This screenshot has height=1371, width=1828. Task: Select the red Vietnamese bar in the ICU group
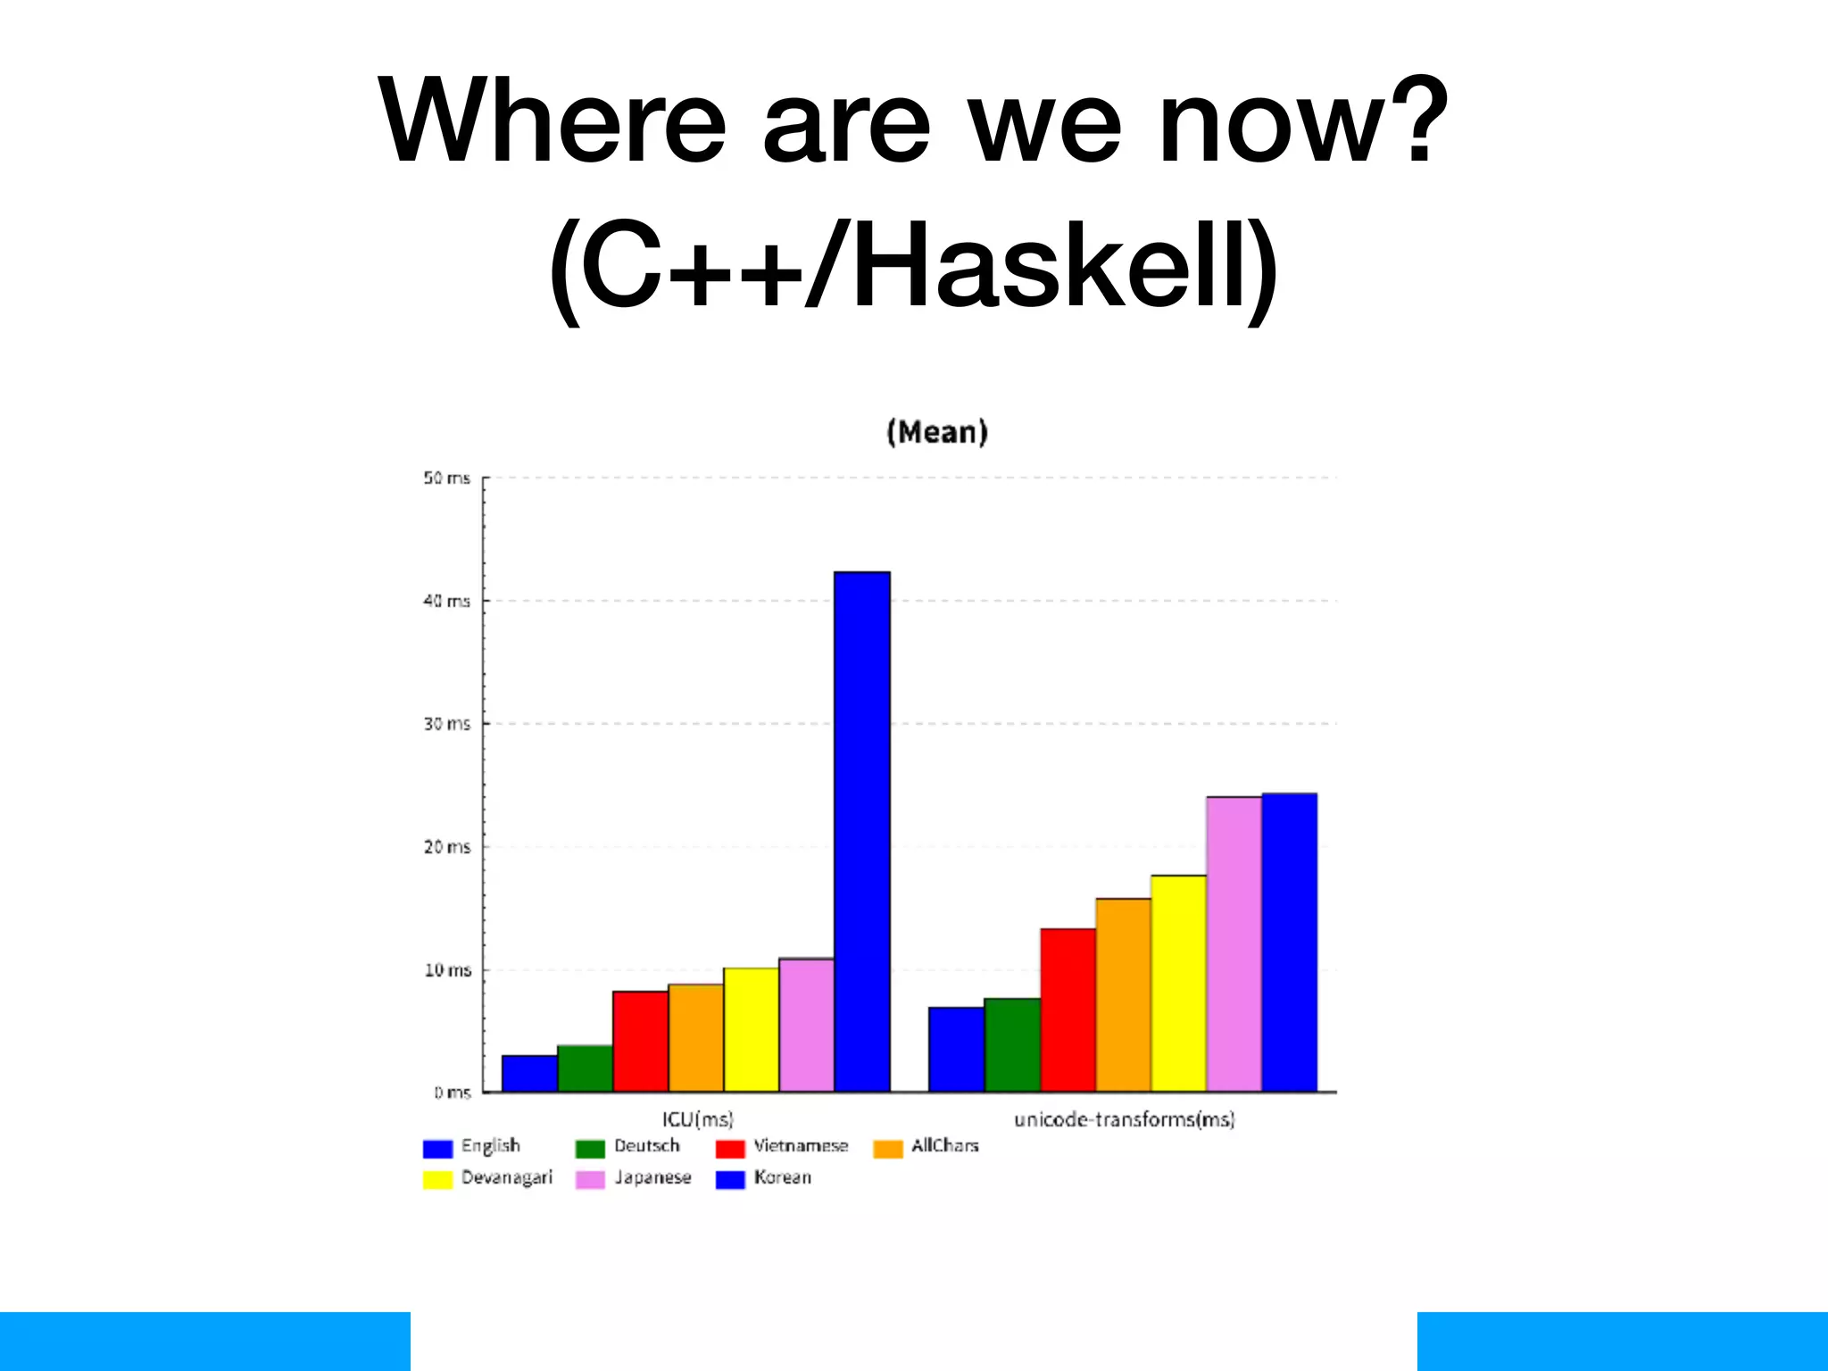pos(640,1041)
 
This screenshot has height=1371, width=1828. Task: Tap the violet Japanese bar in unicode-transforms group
pos(1234,943)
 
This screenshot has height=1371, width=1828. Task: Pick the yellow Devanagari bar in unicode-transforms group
pos(1178,983)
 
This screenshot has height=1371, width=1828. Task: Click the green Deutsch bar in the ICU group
pos(585,1068)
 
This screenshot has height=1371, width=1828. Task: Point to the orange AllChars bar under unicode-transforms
pos(1123,994)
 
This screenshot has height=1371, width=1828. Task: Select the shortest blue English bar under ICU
pos(529,1073)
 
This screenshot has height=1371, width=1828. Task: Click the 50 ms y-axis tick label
pos(446,478)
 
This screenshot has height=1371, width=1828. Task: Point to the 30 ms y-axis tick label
pos(446,724)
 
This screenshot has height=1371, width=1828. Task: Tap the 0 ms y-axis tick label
pos(453,1093)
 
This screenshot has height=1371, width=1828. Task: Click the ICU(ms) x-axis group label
pos(697,1119)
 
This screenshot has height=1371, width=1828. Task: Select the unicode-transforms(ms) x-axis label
pos(1124,1119)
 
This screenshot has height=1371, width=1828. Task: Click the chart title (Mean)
pos(936,432)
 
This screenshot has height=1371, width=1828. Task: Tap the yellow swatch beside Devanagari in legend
pos(437,1179)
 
